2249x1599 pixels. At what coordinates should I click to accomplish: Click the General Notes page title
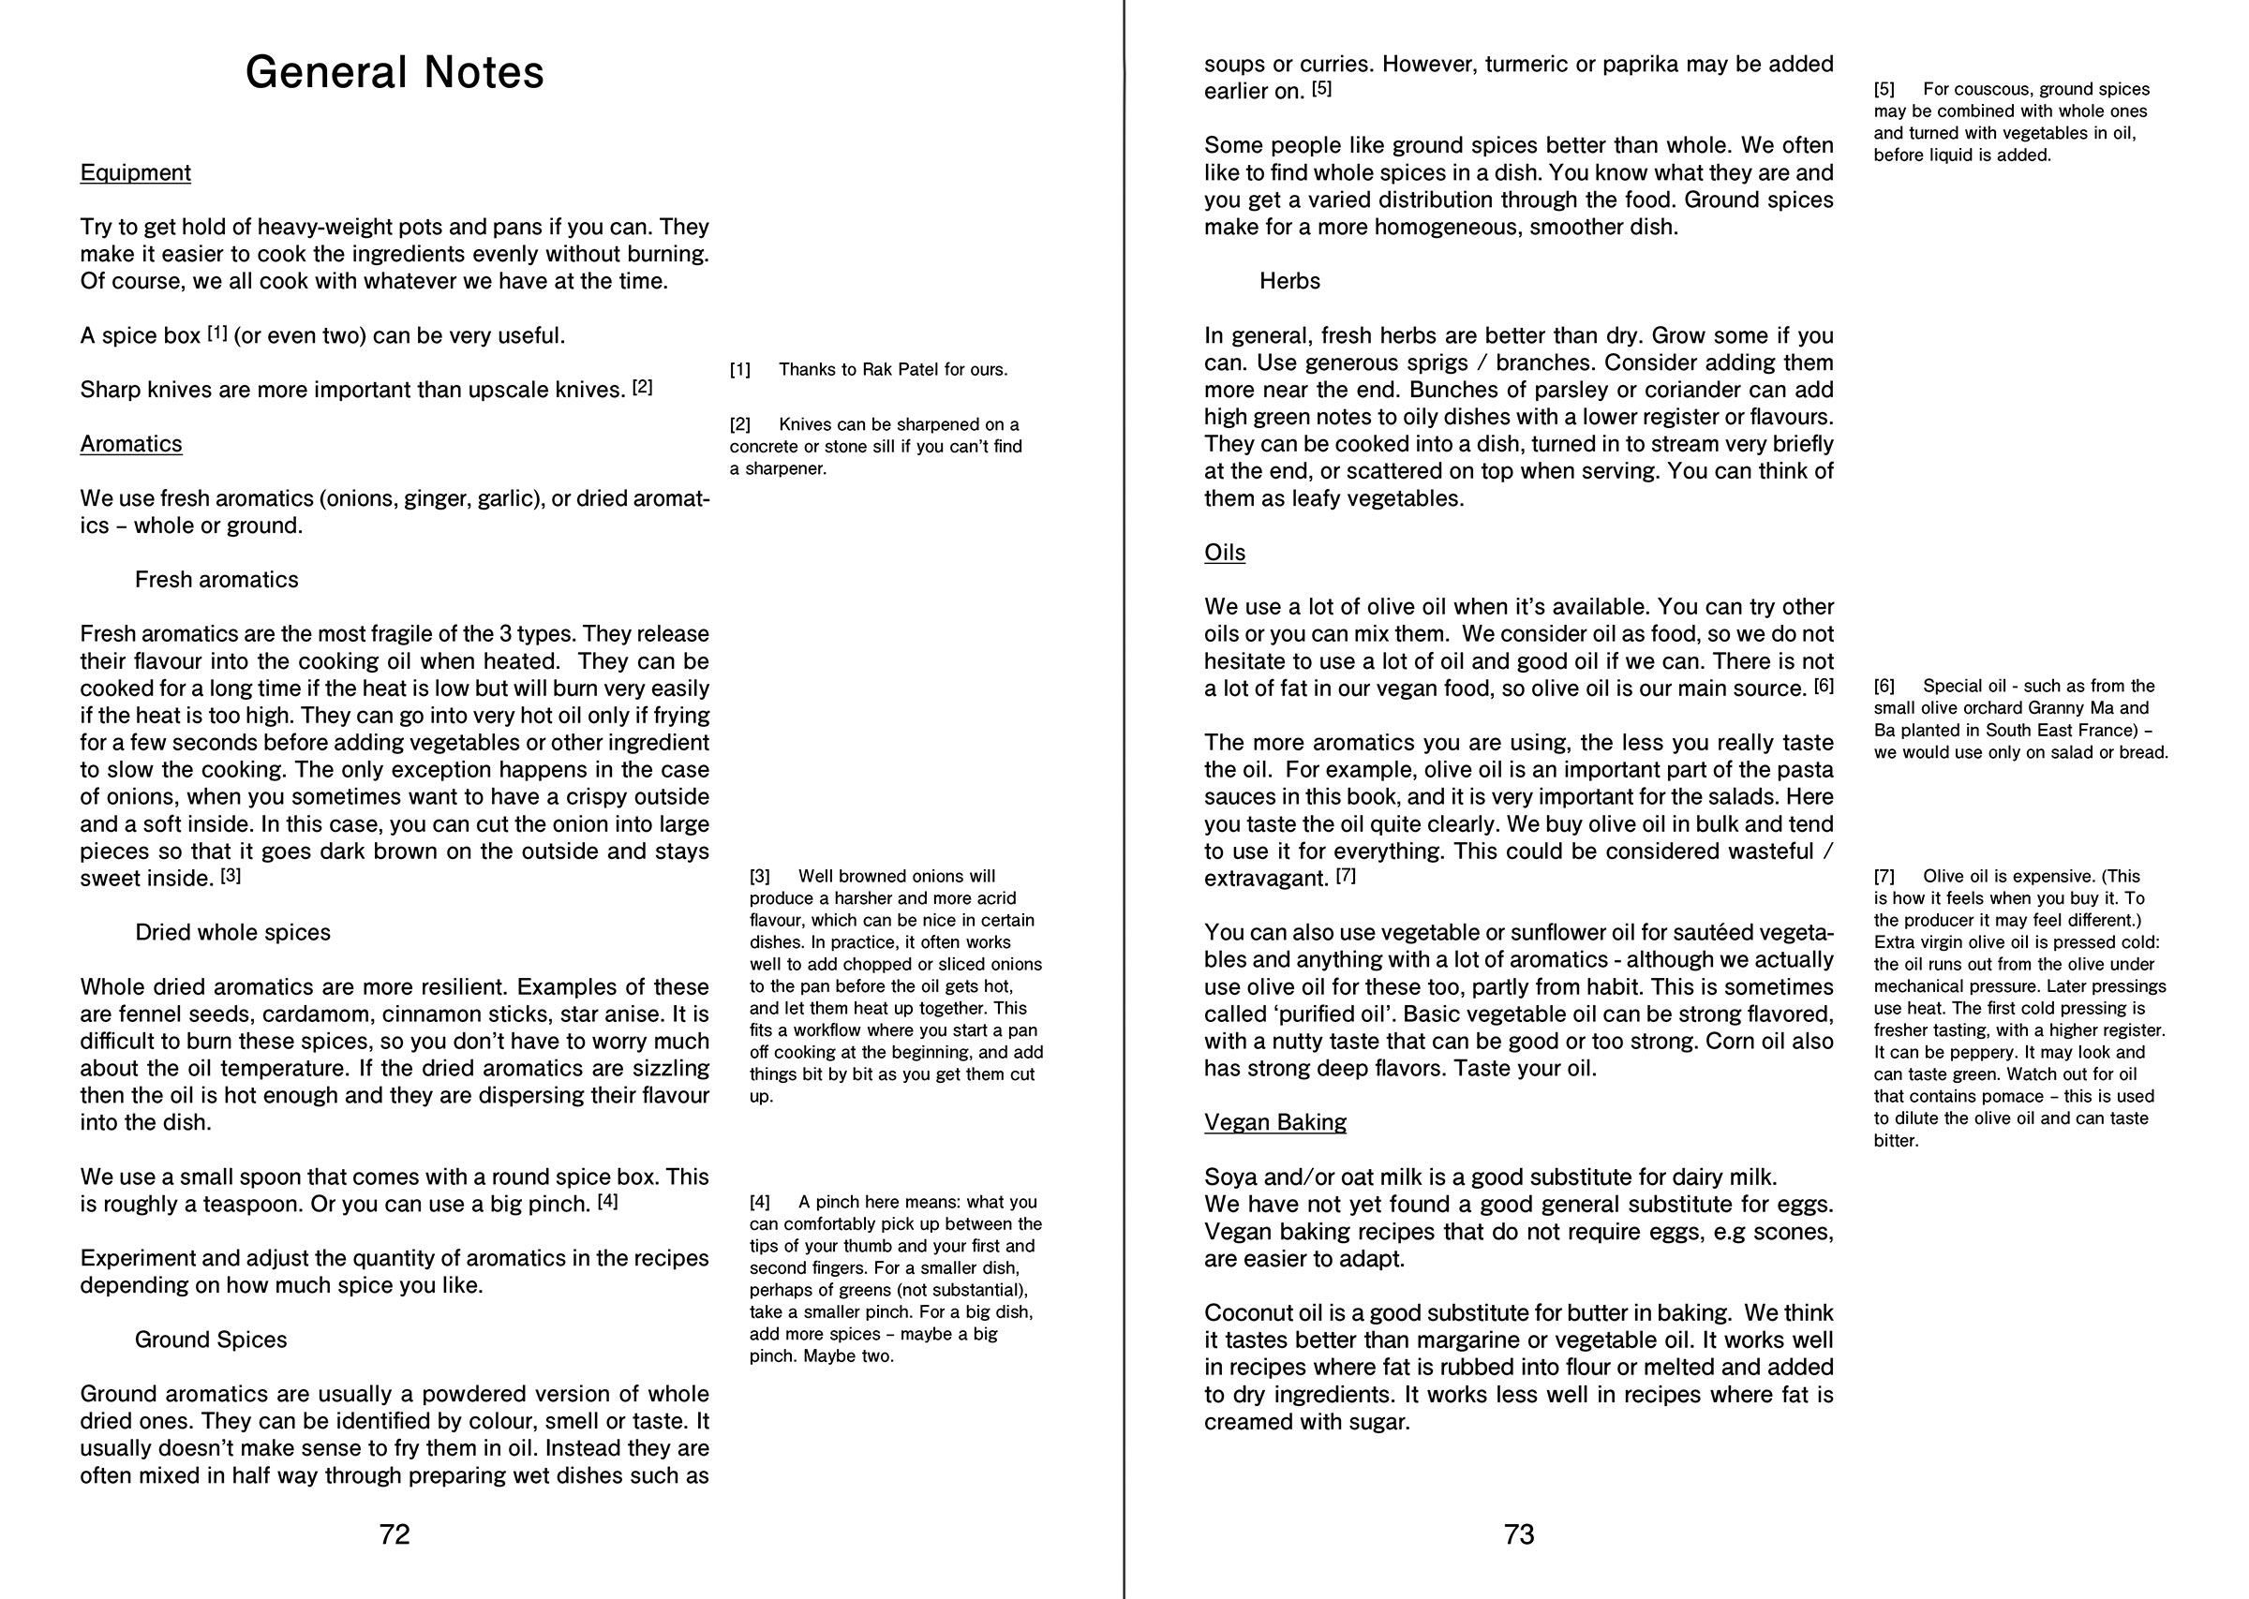coord(394,73)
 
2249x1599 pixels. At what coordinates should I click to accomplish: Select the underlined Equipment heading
coord(135,173)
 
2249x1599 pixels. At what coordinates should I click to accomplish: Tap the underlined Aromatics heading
coord(131,444)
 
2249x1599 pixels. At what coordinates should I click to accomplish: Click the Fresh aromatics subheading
coord(216,580)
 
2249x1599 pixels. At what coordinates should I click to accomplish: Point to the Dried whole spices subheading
coord(232,932)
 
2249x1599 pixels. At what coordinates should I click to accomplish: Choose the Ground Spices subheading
coord(211,1340)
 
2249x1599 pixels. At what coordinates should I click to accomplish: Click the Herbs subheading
coord(1288,282)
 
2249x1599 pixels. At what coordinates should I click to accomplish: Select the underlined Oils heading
coord(1224,554)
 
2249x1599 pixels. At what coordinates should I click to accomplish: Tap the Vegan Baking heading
coord(1274,1122)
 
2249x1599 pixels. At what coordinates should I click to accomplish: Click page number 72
coord(394,1534)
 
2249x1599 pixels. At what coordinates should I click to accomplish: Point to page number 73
coord(1518,1534)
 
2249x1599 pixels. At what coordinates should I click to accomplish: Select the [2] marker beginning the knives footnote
coord(739,425)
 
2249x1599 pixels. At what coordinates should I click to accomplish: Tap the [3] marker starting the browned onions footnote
coord(759,876)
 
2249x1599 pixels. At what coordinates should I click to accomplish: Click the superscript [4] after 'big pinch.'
coord(607,1201)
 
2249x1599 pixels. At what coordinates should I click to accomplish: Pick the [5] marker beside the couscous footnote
coord(1884,90)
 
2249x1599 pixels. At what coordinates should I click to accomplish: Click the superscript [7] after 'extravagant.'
coord(1345,875)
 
